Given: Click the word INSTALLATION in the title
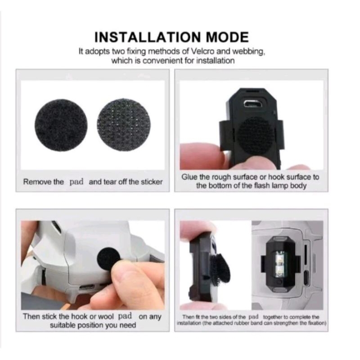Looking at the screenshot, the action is coord(148,37).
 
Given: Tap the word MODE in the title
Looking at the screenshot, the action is coord(227,37).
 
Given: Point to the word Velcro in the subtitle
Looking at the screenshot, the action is coord(203,51).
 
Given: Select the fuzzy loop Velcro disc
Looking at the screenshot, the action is coord(61,126).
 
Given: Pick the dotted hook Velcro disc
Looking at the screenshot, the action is coord(124,125).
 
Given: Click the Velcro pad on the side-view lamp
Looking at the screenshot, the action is coord(220,269).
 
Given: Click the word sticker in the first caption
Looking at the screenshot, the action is coord(152,182).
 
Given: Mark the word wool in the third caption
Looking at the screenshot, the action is coord(106,316).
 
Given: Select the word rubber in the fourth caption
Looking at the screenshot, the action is coord(242,323).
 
